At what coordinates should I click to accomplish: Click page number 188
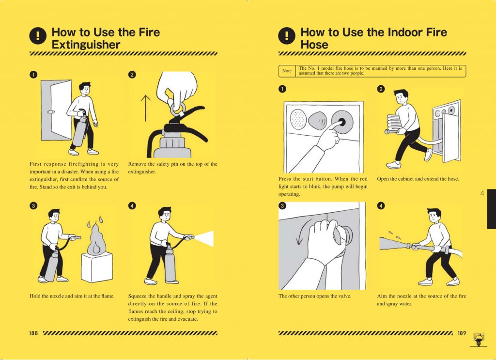point(33,333)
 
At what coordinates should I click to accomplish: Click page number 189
point(462,333)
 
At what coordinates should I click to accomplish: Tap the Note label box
point(287,71)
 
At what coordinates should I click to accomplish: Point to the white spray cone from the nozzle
point(204,237)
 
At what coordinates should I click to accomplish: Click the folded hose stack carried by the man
point(394,123)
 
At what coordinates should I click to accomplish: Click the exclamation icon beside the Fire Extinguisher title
point(38,35)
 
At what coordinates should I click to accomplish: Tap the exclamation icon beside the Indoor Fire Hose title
point(287,35)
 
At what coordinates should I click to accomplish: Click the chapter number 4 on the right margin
point(482,193)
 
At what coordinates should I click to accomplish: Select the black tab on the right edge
point(491,209)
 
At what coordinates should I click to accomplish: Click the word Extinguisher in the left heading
point(86,45)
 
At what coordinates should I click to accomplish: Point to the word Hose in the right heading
point(314,45)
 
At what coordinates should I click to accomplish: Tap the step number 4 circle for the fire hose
point(381,205)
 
